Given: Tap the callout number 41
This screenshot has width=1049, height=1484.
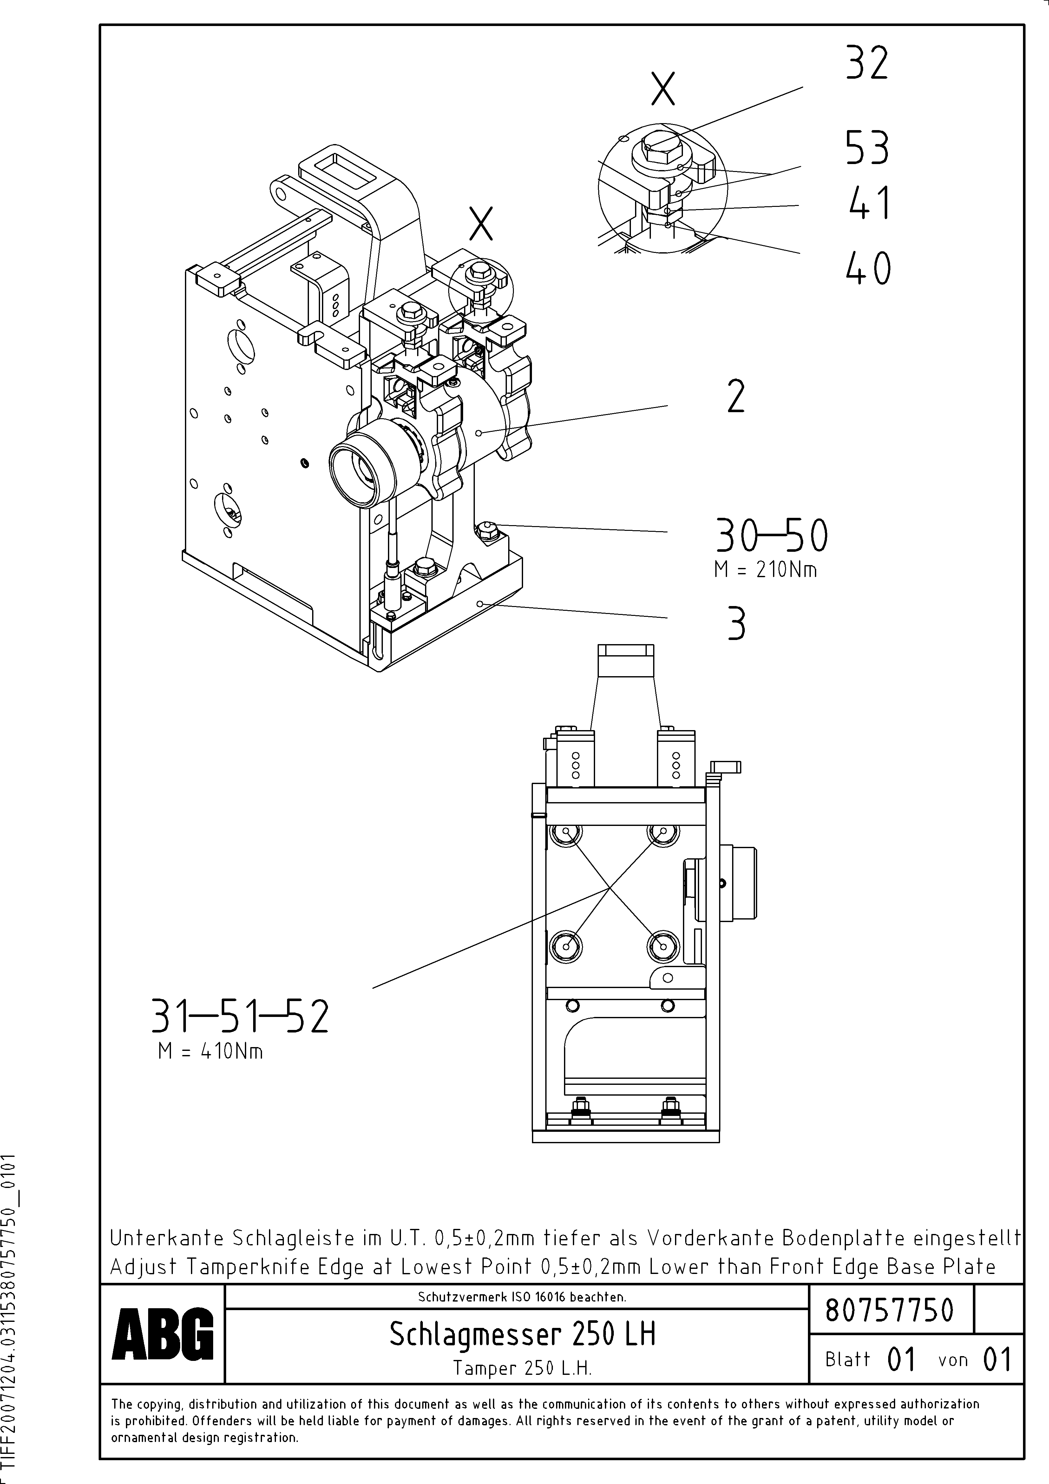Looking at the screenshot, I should point(869,203).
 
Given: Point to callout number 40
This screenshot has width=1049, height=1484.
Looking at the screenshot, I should point(868,268).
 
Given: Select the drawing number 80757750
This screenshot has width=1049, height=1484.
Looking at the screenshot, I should point(889,1310).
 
